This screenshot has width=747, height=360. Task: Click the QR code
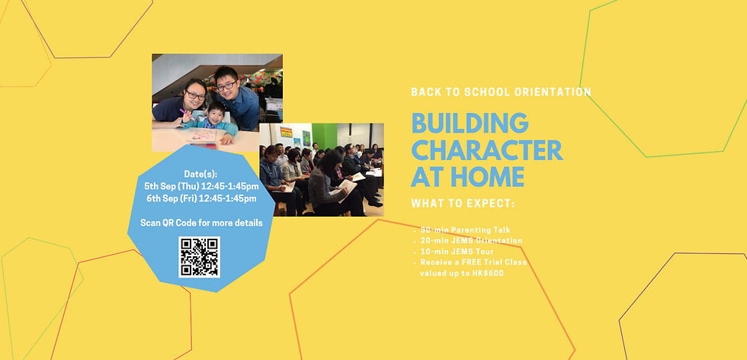coord(199,257)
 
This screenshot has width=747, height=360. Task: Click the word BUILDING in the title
coord(470,124)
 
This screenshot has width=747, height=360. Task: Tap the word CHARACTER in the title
coord(486,149)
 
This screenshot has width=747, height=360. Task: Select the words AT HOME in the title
coord(467,176)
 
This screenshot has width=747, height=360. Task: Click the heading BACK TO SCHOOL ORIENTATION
coord(501,92)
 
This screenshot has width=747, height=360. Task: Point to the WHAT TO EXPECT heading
coord(463,204)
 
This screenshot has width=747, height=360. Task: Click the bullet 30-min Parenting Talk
coord(465,230)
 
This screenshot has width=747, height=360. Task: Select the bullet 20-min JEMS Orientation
coord(471,240)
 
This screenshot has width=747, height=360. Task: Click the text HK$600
coord(488,272)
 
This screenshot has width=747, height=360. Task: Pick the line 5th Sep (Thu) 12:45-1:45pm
coord(201,186)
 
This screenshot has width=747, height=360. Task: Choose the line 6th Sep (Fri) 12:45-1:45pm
coord(201,198)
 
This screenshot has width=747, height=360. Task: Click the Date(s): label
coord(201,174)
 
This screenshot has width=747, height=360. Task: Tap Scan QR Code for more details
coord(201,223)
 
